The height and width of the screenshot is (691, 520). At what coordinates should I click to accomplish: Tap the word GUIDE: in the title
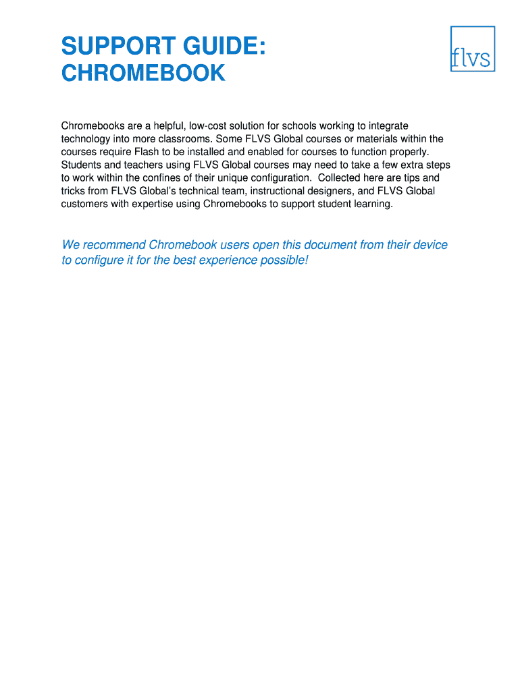click(222, 47)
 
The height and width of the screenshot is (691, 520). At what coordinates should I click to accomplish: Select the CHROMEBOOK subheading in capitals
click(143, 73)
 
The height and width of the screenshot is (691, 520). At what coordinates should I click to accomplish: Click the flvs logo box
click(473, 49)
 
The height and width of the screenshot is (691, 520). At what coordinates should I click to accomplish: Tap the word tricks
click(74, 191)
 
